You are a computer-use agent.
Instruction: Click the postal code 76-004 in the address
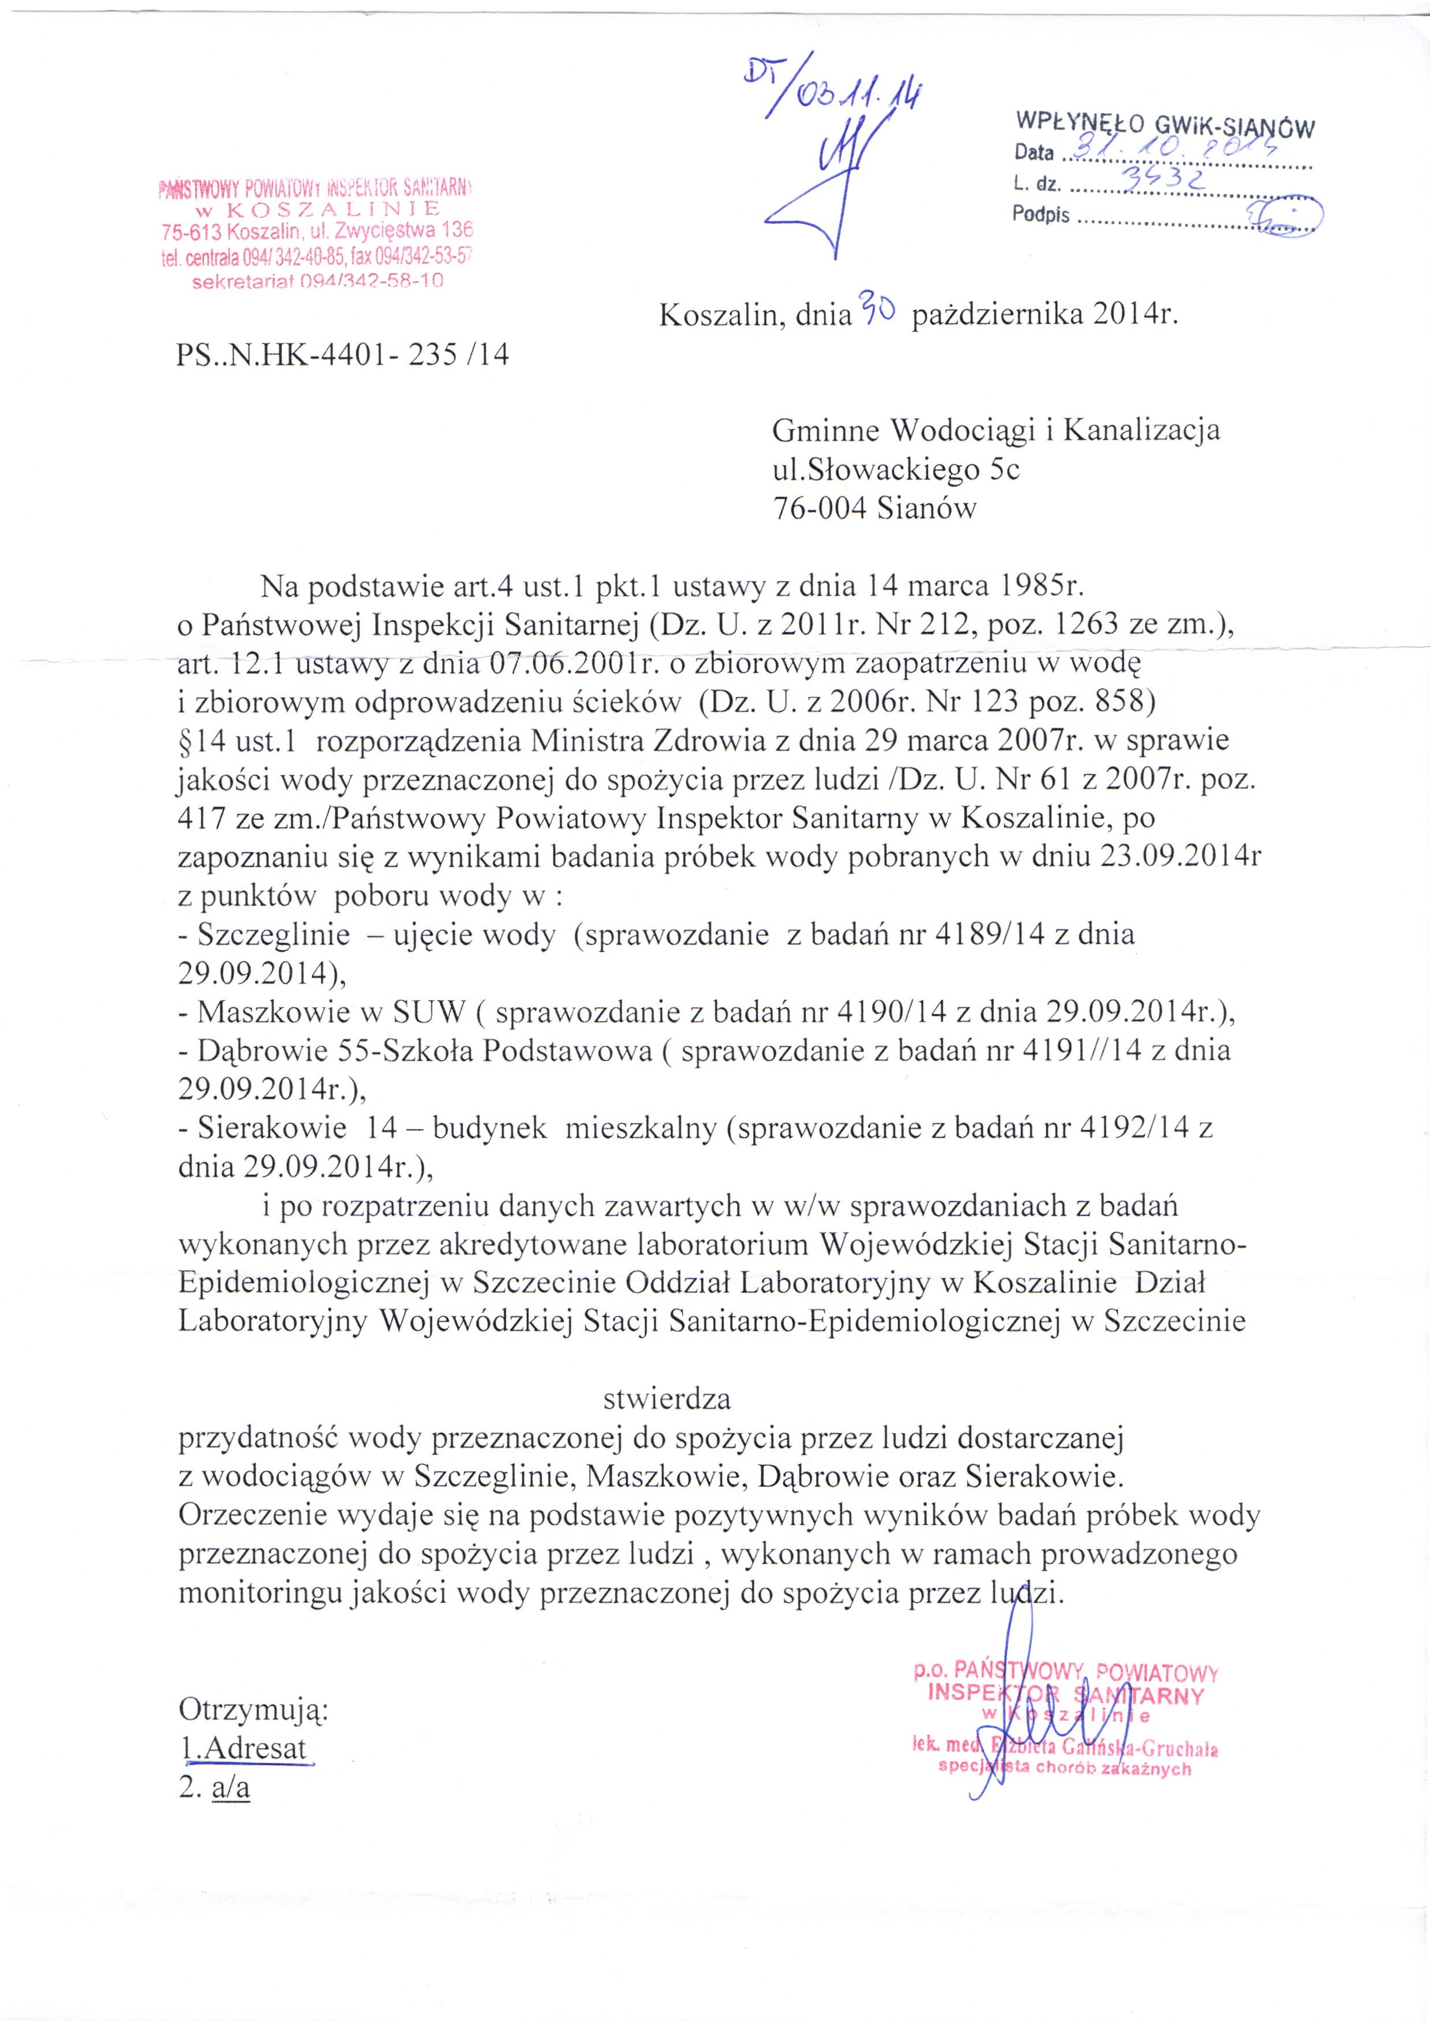[818, 508]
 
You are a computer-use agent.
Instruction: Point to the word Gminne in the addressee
[825, 430]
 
